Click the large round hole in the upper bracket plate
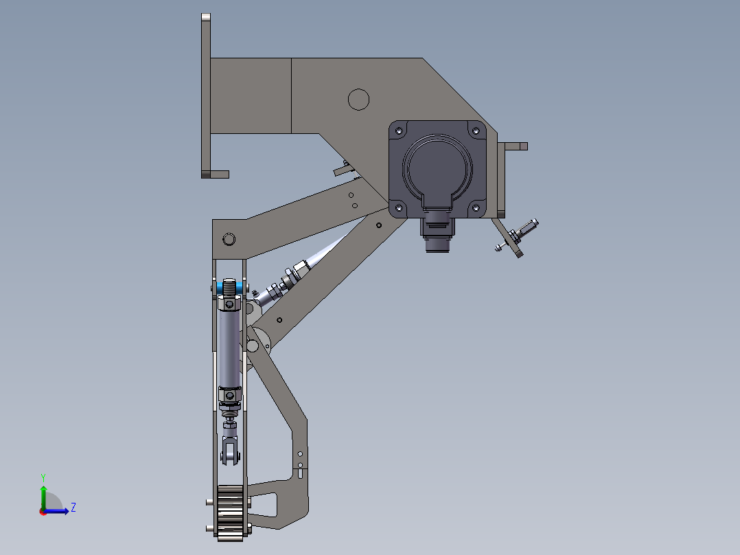358,100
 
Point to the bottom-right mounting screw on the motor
476,206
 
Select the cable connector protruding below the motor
437,234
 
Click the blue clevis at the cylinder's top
229,286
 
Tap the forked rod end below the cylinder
230,450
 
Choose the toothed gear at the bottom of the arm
231,513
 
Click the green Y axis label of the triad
43,476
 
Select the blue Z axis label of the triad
73,508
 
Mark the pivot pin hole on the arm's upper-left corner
229,239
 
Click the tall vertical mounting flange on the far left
205,96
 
